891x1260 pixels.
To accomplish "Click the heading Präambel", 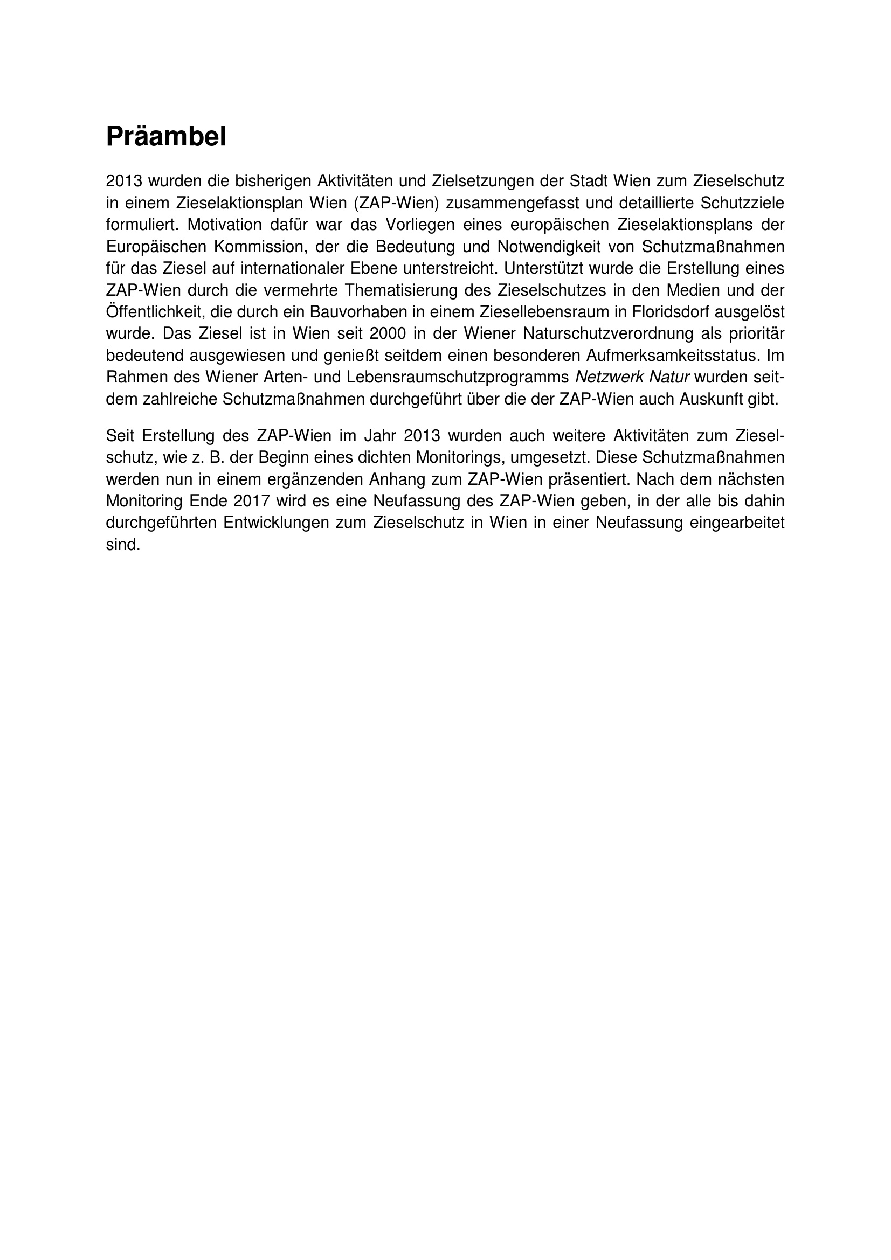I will (166, 137).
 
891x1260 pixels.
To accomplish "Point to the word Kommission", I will (258, 246).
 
